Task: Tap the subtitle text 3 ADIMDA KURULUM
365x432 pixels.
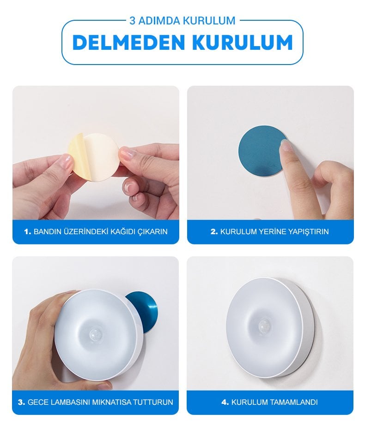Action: pyautogui.click(x=182, y=21)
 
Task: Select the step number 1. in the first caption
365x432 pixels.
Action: pyautogui.click(x=28, y=231)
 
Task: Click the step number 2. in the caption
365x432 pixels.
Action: pyautogui.click(x=214, y=231)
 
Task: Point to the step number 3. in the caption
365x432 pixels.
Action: pyautogui.click(x=21, y=402)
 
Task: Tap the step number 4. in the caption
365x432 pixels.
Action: pyautogui.click(x=225, y=402)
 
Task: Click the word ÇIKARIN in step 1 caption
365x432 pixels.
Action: pyautogui.click(x=152, y=231)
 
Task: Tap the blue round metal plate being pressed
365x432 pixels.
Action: pyautogui.click(x=259, y=150)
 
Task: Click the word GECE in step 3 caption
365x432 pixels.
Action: pyautogui.click(x=37, y=402)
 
